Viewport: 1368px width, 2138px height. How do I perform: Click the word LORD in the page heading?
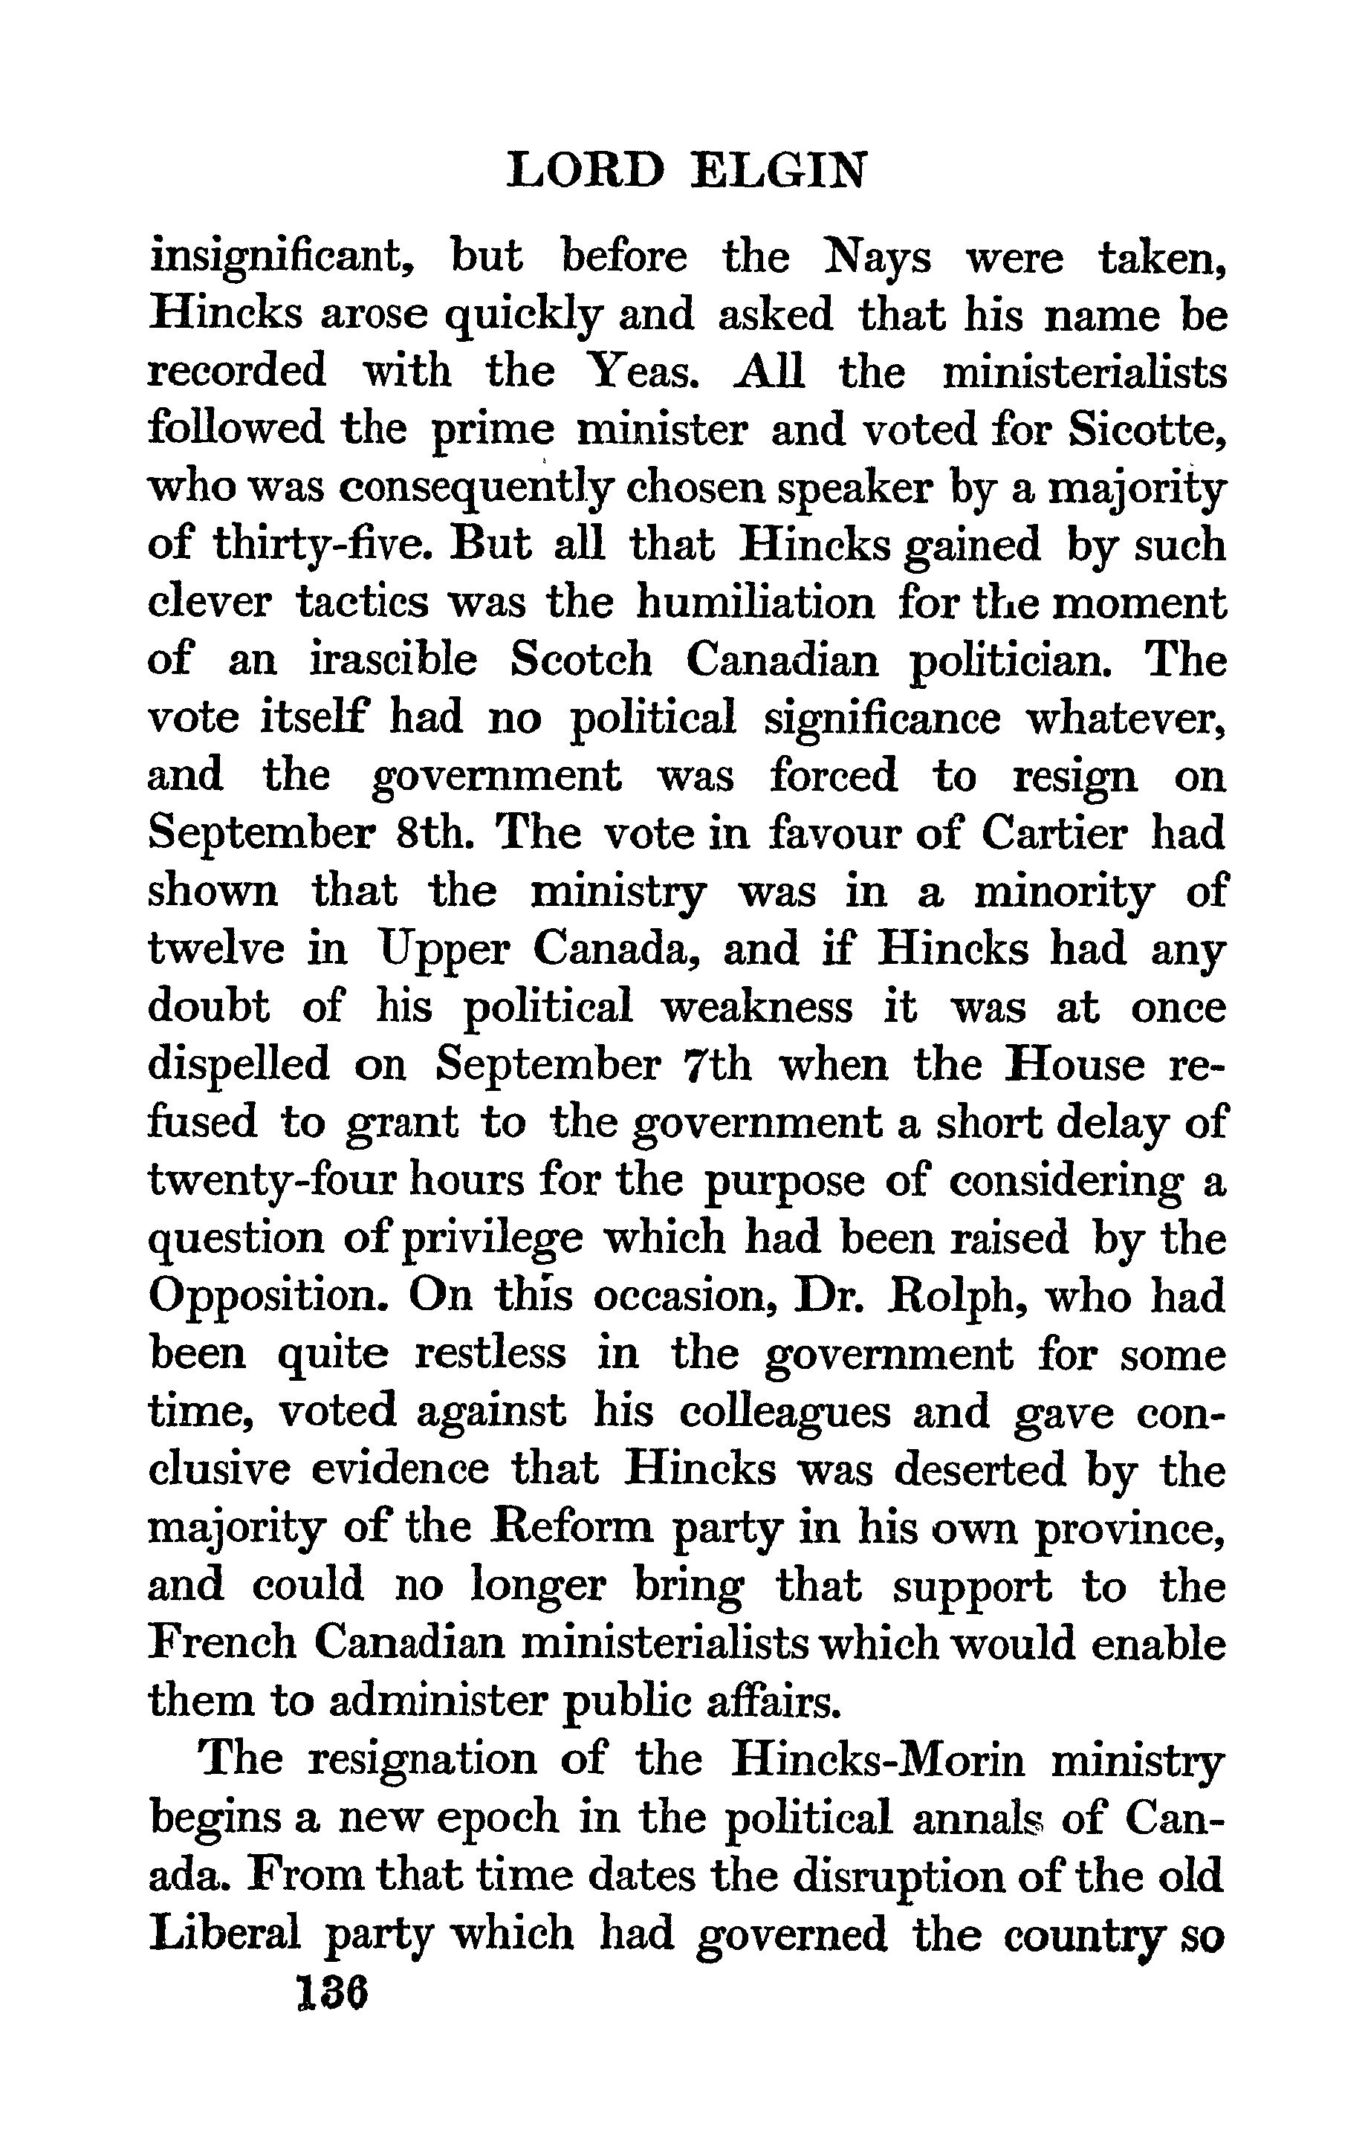point(586,172)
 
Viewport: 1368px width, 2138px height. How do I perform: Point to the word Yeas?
point(640,372)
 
